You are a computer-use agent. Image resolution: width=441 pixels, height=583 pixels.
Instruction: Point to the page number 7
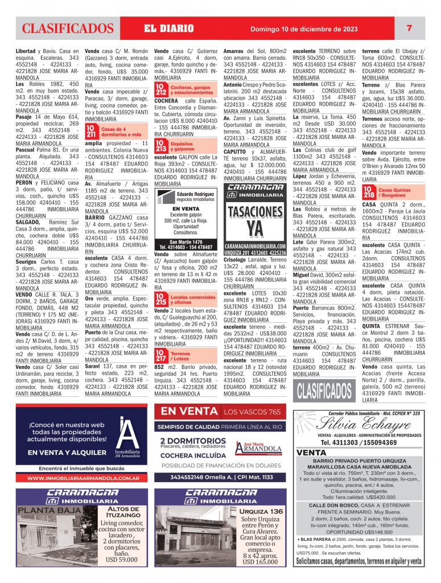(x=409, y=28)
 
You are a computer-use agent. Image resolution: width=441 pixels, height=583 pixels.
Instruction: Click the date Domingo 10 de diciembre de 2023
(x=303, y=29)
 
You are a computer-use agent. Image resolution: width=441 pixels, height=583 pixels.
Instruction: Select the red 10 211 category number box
(x=91, y=133)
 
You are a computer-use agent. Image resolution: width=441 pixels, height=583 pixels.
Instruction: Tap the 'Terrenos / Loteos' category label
(x=180, y=356)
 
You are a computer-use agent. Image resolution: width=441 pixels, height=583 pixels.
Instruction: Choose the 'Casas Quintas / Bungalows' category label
(x=396, y=191)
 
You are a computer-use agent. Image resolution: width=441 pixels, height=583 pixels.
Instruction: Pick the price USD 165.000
(x=261, y=561)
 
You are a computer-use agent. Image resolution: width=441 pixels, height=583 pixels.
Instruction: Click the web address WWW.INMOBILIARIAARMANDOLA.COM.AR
(x=84, y=478)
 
